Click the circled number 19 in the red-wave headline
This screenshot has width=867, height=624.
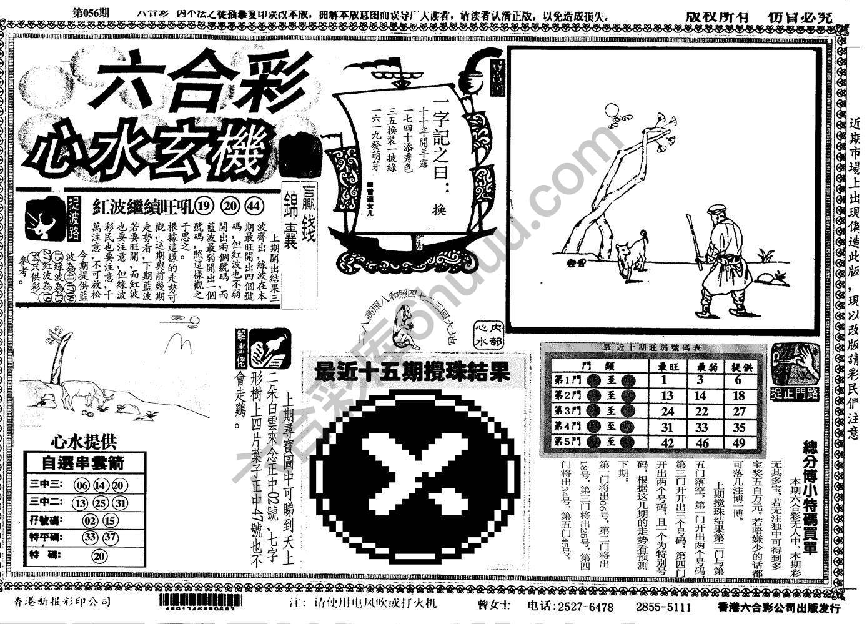pyautogui.click(x=203, y=206)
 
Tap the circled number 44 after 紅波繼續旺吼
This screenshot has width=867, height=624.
pyautogui.click(x=254, y=206)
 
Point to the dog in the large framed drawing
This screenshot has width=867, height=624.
pyautogui.click(x=630, y=255)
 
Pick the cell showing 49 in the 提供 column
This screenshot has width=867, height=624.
pyautogui.click(x=739, y=443)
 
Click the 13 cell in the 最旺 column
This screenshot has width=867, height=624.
pyautogui.click(x=667, y=395)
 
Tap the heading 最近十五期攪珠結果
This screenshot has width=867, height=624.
pyautogui.click(x=412, y=372)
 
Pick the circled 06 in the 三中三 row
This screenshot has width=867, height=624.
pyautogui.click(x=82, y=485)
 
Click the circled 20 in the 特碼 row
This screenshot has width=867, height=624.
pyautogui.click(x=99, y=556)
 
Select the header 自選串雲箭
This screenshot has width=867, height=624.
pyautogui.click(x=84, y=463)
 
